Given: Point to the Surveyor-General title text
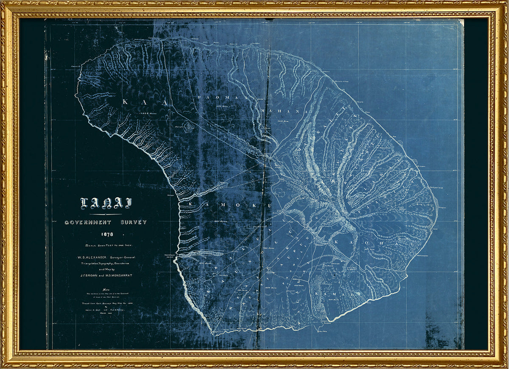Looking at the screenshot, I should (x=127, y=257).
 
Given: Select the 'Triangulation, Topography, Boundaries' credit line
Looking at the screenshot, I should (x=105, y=263).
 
